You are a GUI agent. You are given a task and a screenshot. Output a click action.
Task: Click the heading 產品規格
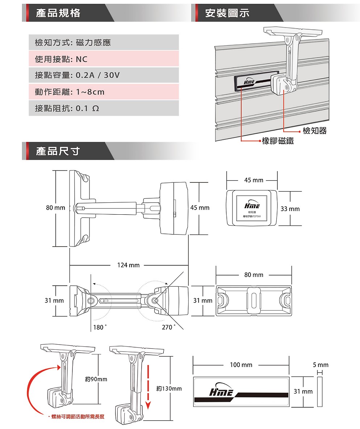pyautogui.click(x=58, y=13)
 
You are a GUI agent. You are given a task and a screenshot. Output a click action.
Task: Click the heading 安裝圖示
pyautogui.click(x=227, y=13)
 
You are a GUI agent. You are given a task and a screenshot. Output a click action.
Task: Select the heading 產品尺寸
pyautogui.click(x=58, y=151)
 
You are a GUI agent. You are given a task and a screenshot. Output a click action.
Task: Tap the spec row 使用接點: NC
pyautogui.click(x=104, y=59)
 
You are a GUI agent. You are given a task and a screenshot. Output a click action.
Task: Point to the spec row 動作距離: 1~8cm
pyautogui.click(x=104, y=92)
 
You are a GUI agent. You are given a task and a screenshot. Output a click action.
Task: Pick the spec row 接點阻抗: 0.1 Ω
pyautogui.click(x=104, y=108)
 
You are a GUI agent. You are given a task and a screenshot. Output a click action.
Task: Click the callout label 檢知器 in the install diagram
pyautogui.click(x=314, y=131)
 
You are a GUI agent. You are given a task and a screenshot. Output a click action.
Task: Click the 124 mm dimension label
pyautogui.click(x=128, y=265)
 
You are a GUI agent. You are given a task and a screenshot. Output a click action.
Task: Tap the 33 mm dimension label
pyautogui.click(x=290, y=209)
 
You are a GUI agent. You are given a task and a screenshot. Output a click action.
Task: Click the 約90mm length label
pyautogui.click(x=96, y=379)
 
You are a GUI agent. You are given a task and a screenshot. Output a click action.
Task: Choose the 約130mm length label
pyautogui.click(x=169, y=388)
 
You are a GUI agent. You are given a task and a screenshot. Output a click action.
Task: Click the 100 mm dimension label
pyautogui.click(x=241, y=365)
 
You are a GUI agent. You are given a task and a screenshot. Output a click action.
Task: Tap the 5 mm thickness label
pyautogui.click(x=321, y=365)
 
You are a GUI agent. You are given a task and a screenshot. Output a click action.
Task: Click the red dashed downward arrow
pyautogui.click(x=148, y=384)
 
